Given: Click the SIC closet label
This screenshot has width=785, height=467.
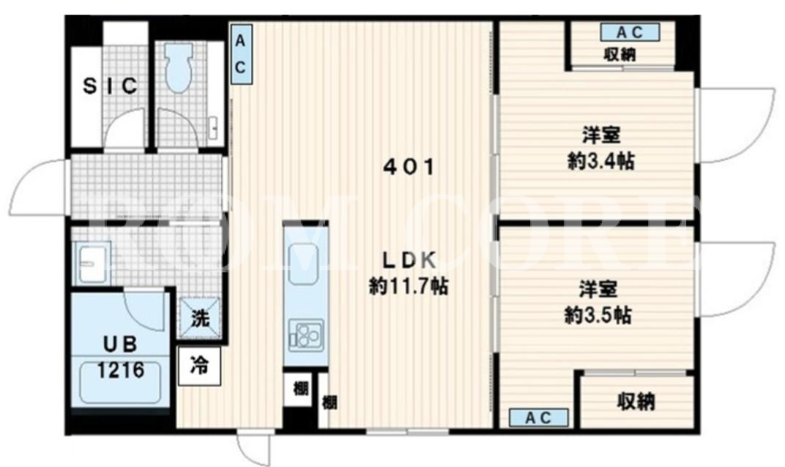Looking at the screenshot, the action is (110, 86).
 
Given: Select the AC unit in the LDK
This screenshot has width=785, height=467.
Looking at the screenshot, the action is (241, 54).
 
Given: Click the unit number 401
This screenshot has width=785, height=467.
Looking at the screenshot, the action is (409, 167).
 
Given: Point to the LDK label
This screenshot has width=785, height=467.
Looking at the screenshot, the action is (409, 260).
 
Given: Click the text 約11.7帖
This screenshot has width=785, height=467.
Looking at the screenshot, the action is (409, 286).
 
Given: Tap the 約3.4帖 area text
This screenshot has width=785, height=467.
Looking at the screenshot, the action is (600, 162).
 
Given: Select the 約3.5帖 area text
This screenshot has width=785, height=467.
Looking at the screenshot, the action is (598, 315).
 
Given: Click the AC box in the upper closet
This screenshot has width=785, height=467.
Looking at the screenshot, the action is (630, 32).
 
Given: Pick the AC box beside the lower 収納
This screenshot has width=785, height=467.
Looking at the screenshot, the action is (539, 418).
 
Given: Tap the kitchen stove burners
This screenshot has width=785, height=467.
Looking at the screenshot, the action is (306, 335).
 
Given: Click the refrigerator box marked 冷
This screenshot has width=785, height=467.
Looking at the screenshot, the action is (198, 367).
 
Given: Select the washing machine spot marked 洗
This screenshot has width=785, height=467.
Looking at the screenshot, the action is (200, 318).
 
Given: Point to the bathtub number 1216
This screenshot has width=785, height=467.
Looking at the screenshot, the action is (121, 370).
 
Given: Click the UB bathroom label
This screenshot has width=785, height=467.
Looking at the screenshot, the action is (120, 344).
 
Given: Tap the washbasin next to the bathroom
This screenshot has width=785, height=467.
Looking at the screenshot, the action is (91, 264).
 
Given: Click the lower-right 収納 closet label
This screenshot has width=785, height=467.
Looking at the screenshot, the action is (636, 401).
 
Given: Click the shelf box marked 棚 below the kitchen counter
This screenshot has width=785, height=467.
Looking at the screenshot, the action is (300, 389).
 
